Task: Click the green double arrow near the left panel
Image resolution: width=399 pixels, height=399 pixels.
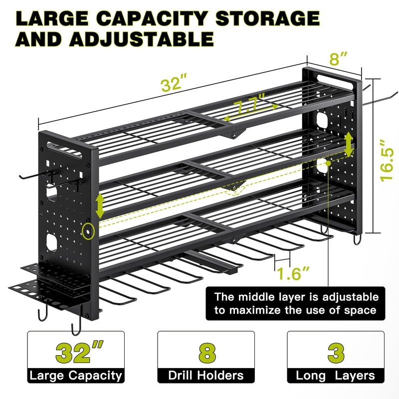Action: click(x=100, y=205)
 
